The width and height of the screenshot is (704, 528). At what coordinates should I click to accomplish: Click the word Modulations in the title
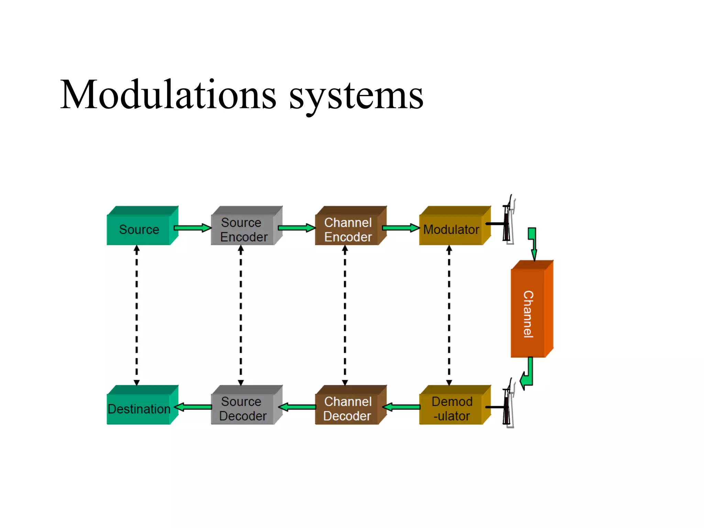coord(168,95)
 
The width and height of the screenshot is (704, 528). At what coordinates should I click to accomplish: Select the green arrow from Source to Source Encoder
coord(192,228)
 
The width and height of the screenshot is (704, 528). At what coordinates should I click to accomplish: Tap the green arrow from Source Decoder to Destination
coord(194,407)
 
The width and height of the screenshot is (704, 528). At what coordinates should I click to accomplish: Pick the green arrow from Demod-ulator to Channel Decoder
coord(401,407)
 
